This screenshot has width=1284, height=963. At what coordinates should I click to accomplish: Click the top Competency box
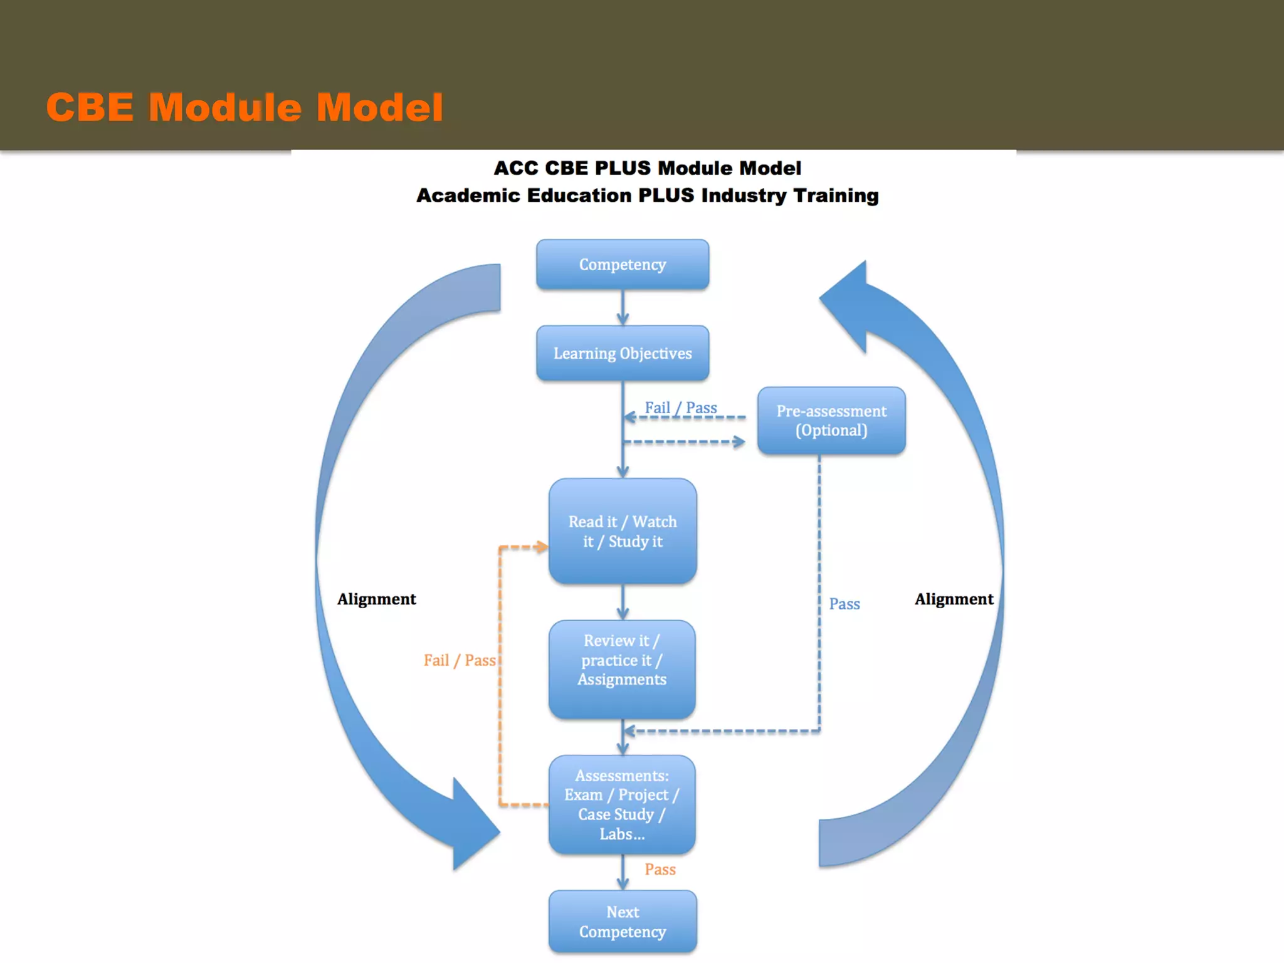pos(622,264)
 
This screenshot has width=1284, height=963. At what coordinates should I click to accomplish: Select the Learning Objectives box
pos(622,353)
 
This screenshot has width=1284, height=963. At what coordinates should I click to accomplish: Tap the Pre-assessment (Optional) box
pos(831,421)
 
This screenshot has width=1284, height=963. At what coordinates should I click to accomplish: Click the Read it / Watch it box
pos(622,531)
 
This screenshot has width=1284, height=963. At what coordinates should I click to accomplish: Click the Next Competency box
pos(622,921)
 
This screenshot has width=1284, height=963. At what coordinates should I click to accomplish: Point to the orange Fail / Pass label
pos(459,660)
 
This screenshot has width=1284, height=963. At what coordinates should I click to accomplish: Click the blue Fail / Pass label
pos(680,408)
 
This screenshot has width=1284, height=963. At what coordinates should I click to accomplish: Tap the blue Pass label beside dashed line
pos(844,604)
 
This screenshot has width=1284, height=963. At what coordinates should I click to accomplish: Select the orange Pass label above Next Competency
pos(660,869)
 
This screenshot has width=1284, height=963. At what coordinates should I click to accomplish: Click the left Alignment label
pos(376,599)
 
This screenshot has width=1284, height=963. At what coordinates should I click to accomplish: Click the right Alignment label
pos(953,599)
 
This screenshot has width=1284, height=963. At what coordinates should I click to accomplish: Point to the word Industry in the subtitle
pos(744,196)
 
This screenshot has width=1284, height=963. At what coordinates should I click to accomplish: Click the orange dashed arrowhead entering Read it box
pos(541,547)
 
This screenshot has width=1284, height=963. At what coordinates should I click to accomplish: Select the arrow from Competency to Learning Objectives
pos(622,308)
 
